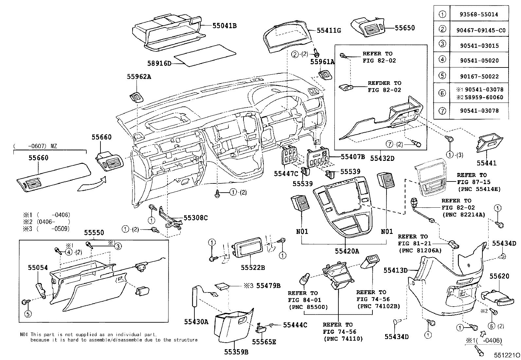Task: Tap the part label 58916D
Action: point(159,63)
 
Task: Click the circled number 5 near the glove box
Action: point(28,314)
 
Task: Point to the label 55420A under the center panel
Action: point(347,251)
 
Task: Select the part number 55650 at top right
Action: point(404,28)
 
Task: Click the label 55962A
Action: point(139,77)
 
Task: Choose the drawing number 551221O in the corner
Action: point(507,355)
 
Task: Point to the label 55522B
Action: point(253,268)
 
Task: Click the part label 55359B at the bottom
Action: point(236,352)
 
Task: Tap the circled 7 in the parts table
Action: point(442,111)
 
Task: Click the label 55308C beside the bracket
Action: point(195,218)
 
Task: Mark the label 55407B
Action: point(353,157)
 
